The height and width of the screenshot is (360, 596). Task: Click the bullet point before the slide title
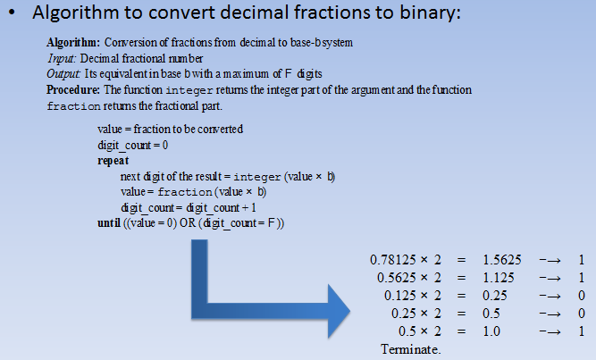(14, 16)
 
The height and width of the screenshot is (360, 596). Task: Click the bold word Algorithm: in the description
(73, 43)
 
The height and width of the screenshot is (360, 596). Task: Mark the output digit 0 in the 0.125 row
(581, 295)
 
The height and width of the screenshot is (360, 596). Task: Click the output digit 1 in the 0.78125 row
(581, 260)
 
